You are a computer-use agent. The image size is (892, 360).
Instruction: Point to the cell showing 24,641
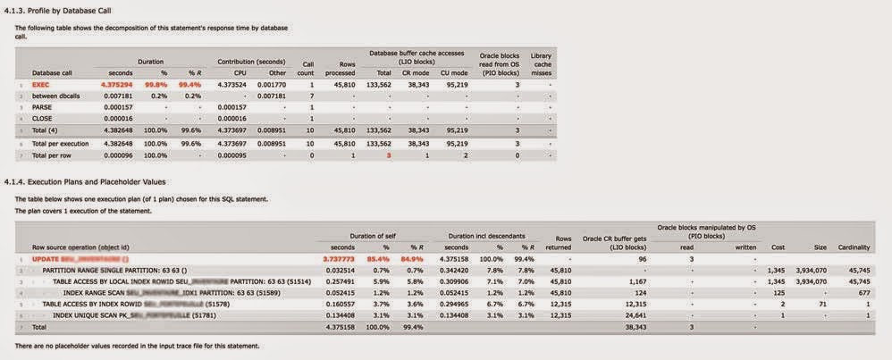632,315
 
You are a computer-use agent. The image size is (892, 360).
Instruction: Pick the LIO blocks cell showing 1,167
637,280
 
